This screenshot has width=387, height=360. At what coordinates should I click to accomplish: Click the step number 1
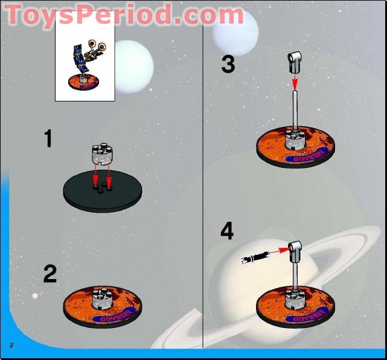click(48, 140)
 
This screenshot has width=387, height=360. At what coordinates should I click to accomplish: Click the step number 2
click(50, 274)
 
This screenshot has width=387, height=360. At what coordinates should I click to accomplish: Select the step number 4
click(226, 231)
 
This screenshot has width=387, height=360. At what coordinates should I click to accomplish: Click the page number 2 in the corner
click(11, 344)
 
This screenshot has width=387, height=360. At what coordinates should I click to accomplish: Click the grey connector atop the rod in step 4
click(295, 248)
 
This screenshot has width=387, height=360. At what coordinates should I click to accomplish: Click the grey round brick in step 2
click(101, 298)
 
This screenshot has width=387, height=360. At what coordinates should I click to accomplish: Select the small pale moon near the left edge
click(35, 295)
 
